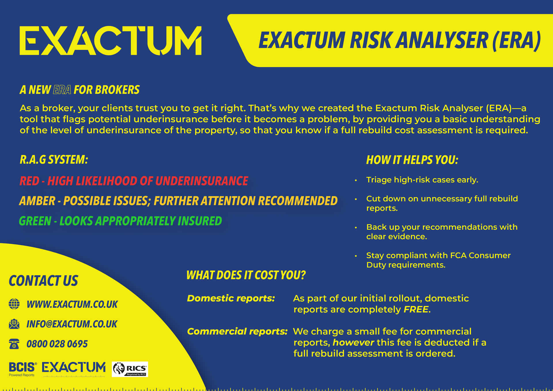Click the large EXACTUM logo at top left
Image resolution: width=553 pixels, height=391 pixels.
click(111, 41)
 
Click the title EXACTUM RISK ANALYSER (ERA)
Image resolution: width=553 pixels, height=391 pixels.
click(399, 40)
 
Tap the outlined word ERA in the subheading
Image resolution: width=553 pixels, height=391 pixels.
click(62, 90)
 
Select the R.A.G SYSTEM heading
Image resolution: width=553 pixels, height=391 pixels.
click(54, 160)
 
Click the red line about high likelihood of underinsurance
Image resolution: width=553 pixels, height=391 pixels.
click(134, 181)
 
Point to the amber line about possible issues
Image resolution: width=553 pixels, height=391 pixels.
click(178, 201)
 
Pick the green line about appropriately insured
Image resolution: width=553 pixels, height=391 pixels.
click(120, 221)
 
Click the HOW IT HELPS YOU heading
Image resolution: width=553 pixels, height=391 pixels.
click(412, 160)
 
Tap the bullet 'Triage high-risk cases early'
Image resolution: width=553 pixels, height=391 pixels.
click(422, 180)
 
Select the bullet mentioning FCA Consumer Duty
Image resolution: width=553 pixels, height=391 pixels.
click(438, 260)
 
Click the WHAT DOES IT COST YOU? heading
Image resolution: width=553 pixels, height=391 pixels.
click(246, 275)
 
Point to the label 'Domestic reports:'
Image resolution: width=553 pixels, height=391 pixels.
click(231, 298)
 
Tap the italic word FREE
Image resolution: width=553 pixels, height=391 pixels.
click(416, 309)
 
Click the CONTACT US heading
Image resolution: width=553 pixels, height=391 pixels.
click(43, 281)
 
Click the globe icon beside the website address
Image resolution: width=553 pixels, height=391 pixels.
click(14, 304)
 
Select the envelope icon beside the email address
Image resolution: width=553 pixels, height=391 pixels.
click(14, 324)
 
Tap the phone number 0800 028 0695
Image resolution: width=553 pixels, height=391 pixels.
click(57, 344)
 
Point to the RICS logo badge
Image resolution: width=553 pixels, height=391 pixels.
click(130, 369)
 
